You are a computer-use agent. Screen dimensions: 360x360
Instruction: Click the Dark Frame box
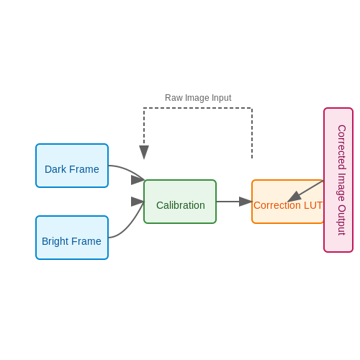[72, 166]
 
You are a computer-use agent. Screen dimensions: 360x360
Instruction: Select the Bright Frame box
[72, 238]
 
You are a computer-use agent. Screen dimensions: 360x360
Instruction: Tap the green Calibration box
[180, 202]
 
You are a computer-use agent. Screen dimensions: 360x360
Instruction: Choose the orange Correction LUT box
[288, 202]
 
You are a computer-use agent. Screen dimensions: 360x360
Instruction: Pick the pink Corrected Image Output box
[338, 180]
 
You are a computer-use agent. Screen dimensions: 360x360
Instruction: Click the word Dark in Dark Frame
[55, 169]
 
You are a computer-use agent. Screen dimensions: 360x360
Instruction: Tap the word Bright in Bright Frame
[55, 241]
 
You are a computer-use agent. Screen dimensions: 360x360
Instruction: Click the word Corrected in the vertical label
[342, 148]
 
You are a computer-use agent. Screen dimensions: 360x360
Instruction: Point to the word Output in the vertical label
[342, 220]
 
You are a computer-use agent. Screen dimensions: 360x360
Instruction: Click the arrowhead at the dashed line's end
[144, 152]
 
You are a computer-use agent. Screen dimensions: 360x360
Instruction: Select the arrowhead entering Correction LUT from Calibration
[246, 202]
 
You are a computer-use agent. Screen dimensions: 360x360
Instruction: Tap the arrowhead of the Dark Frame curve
[138, 180]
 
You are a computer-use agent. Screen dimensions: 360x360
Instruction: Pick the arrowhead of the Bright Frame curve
[138, 202]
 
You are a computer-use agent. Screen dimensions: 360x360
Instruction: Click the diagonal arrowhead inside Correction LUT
[294, 197]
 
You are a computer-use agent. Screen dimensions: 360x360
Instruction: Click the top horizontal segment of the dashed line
[198, 108]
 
